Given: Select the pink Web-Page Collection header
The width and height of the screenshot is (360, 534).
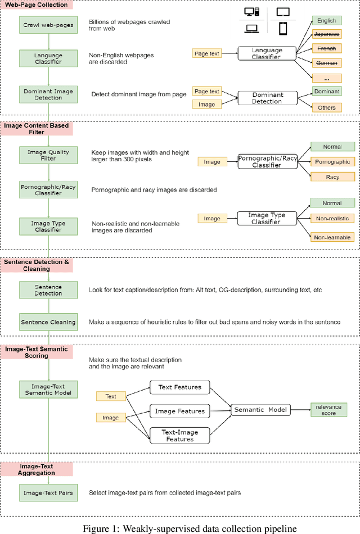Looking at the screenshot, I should pos(37,5).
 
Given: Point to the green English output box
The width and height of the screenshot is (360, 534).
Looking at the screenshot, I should pos(326,21).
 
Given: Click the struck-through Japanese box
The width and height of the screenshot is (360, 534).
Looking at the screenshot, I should pos(326,33).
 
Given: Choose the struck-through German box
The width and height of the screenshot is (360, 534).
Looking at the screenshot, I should pos(326,63).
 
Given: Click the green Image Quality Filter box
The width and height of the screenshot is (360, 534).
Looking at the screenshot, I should pos(50,155).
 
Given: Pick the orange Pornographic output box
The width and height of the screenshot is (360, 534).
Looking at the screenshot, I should pos(333,162).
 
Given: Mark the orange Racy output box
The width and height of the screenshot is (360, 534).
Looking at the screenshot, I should pos(333,176).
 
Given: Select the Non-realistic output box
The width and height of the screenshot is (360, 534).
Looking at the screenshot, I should pos(333,218).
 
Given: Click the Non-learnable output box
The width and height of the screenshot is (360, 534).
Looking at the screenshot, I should pos(333,237).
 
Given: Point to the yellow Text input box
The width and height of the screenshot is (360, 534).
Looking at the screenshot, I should pos(111,396).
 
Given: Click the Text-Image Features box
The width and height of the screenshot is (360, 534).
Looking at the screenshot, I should pos(179,435).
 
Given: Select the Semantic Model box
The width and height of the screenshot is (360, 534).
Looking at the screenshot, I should pos(261,410).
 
